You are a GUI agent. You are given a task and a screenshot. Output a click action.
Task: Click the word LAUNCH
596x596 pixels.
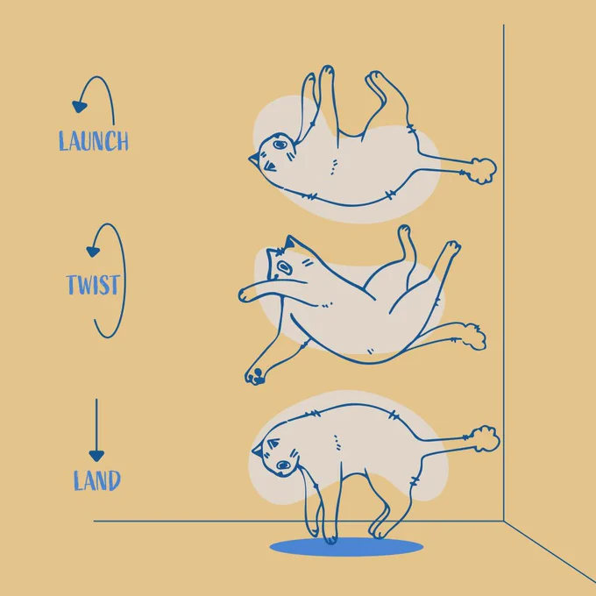click(x=94, y=141)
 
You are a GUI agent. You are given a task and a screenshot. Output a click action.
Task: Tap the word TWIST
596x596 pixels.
click(x=94, y=285)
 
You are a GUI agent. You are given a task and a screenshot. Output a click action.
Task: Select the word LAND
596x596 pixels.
click(x=97, y=480)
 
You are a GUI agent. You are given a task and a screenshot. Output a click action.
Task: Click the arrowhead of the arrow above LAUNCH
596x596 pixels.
click(x=80, y=107)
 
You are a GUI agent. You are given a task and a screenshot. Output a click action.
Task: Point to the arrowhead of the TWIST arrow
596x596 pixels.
click(x=93, y=252)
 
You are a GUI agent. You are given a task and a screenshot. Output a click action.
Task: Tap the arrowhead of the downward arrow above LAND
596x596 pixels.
click(x=96, y=456)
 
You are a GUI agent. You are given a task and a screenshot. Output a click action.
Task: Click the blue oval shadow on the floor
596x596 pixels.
click(x=346, y=547)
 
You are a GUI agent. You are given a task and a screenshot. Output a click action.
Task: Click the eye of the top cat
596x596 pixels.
click(x=280, y=145)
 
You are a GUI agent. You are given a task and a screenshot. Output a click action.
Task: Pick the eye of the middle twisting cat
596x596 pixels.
click(x=284, y=266)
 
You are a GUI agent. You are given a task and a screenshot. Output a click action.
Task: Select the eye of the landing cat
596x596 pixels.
click(x=284, y=465)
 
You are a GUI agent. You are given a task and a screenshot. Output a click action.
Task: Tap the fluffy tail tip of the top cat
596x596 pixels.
click(x=483, y=171)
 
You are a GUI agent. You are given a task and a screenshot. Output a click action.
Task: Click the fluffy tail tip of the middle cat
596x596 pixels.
click(x=474, y=337)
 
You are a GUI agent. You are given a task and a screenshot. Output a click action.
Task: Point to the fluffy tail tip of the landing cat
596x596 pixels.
click(x=486, y=439)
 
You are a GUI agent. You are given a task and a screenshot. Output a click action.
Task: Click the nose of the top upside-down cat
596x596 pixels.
click(x=270, y=167)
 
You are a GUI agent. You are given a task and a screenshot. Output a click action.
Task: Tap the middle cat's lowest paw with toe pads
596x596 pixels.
click(x=255, y=375)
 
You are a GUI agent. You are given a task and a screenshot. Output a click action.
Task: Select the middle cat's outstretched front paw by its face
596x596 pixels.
click(x=245, y=295)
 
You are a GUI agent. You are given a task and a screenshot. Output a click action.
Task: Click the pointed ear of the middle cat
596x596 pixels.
click(x=289, y=242)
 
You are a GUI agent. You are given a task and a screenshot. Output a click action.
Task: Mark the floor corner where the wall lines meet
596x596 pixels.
click(x=504, y=521)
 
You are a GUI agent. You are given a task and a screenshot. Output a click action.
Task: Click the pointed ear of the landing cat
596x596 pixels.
click(x=258, y=451)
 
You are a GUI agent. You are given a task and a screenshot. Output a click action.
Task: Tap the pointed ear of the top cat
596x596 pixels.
click(x=254, y=159)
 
